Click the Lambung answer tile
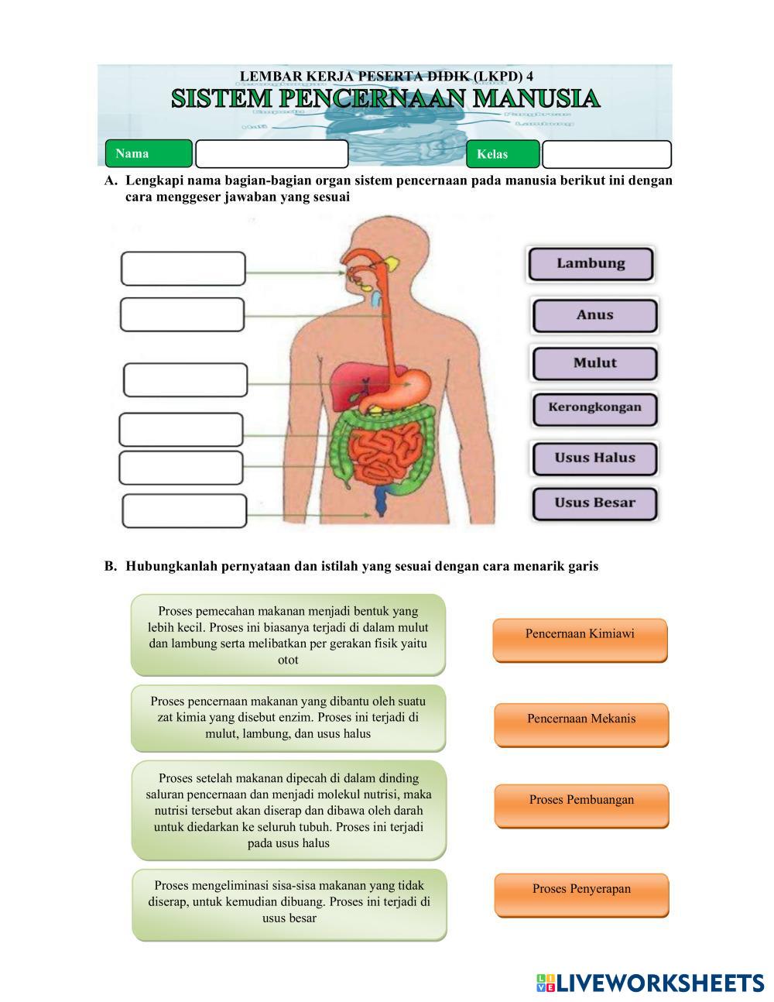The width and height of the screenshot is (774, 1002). click(x=591, y=264)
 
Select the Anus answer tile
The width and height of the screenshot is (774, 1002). click(x=594, y=316)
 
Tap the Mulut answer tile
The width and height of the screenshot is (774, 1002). click(x=594, y=363)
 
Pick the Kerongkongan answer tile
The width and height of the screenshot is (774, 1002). click(x=594, y=408)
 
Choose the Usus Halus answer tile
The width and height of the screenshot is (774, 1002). click(x=594, y=458)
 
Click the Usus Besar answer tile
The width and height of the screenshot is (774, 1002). click(x=594, y=503)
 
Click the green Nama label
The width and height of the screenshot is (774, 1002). click(x=148, y=153)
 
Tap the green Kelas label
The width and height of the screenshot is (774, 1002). click(x=502, y=154)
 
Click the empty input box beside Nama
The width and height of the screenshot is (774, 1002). click(x=272, y=154)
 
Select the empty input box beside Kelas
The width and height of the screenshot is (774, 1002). click(x=606, y=154)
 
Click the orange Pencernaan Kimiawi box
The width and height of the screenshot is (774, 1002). click(x=580, y=640)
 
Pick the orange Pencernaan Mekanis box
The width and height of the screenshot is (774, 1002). click(x=581, y=724)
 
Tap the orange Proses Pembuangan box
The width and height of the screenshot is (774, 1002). click(x=581, y=805)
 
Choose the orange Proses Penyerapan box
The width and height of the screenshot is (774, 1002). click(x=581, y=894)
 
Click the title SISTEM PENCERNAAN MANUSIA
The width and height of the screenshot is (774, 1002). click(x=385, y=99)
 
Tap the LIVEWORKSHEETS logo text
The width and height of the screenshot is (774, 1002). click(x=659, y=983)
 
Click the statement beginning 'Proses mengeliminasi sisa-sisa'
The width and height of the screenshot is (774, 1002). click(x=289, y=904)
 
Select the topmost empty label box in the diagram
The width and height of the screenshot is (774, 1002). click(x=183, y=269)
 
